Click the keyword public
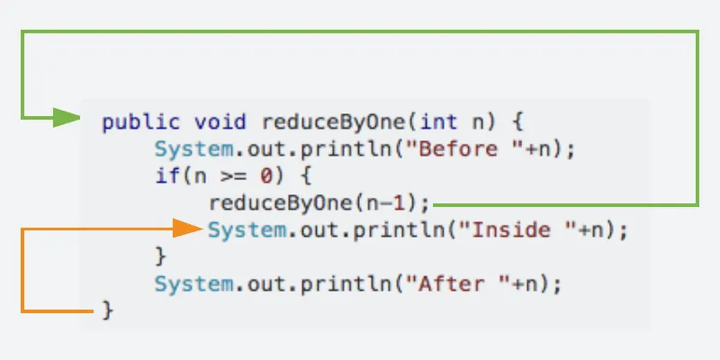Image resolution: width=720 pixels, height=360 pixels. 141,122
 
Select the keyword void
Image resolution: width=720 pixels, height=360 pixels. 220,122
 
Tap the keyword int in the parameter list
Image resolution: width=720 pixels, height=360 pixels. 438,122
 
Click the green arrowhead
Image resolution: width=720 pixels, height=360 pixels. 67,118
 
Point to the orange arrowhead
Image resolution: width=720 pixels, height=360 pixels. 188,229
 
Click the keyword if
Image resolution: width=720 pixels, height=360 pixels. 167,175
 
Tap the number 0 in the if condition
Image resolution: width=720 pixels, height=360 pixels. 266,176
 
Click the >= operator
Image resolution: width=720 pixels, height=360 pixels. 234,176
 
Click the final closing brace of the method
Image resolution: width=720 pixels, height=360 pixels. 107,310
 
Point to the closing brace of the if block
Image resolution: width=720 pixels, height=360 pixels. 160,256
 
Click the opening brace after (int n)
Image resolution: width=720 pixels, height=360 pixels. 517,122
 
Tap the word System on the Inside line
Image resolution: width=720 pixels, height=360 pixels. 247,230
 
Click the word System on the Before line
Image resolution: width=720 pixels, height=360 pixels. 193,149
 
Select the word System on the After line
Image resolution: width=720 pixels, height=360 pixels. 193,284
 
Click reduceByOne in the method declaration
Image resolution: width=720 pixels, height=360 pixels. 334,122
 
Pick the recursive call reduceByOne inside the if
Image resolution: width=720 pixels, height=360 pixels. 282,203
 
